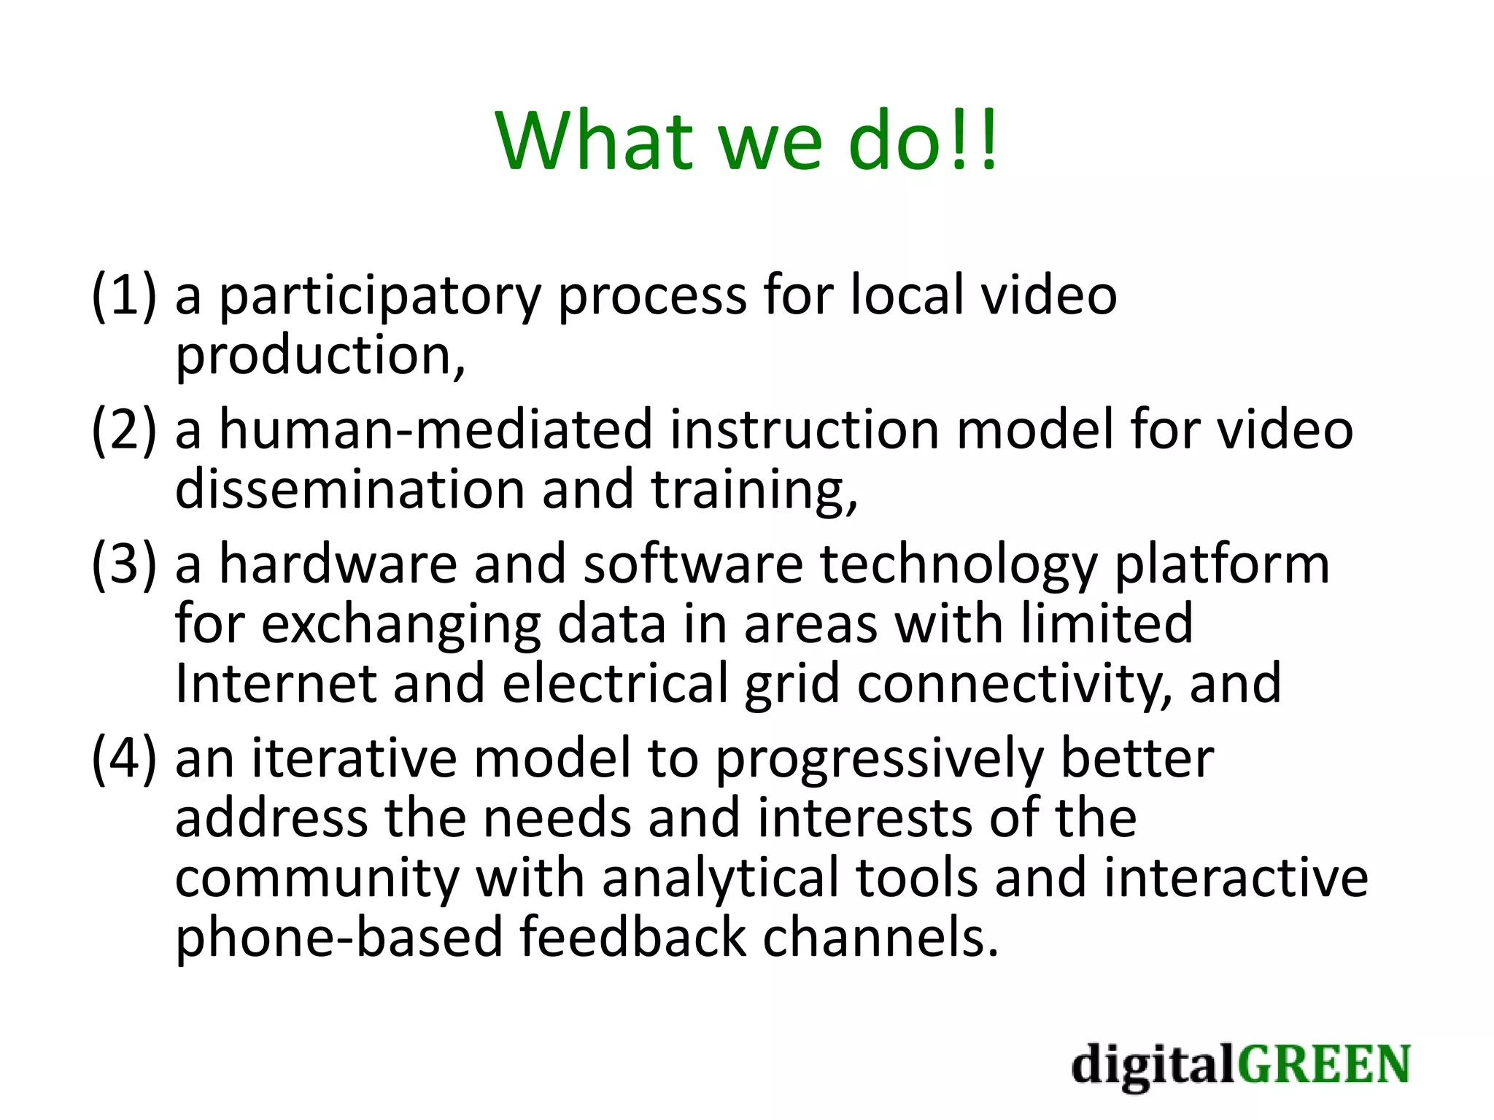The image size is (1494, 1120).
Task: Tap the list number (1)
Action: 124,295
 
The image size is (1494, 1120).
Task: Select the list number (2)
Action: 124,429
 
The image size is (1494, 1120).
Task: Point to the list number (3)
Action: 124,564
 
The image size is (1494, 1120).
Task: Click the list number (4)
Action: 124,758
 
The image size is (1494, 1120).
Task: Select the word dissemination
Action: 349,489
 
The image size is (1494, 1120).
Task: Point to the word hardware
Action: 338,564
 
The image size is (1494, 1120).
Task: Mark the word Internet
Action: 276,683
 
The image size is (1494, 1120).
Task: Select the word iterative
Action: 354,758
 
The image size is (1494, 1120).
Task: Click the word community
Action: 317,879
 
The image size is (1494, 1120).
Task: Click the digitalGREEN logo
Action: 1241,1065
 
